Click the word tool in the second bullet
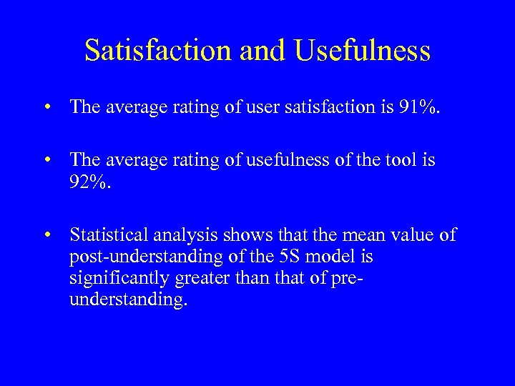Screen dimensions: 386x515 click(x=404, y=160)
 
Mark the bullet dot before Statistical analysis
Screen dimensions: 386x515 click(x=47, y=234)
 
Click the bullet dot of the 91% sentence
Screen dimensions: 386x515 click(x=47, y=107)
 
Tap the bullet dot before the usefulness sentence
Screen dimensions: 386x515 click(x=47, y=160)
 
